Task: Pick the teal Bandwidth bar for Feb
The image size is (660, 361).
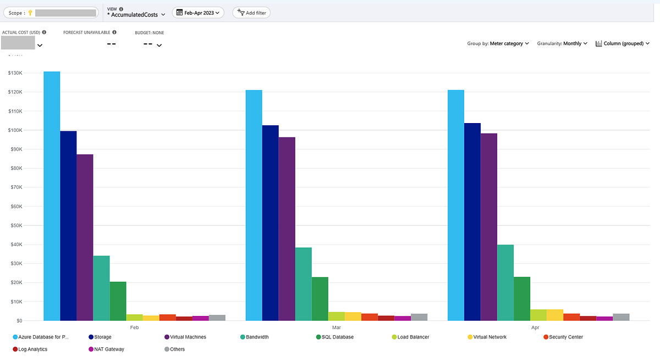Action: (x=101, y=288)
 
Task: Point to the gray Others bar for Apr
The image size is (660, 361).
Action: (x=621, y=317)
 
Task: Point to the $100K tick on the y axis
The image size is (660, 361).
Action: (x=14, y=130)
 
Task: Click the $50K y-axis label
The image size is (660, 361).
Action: (x=14, y=225)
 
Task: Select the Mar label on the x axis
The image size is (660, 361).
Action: (x=336, y=327)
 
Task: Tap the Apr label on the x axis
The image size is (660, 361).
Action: (x=535, y=327)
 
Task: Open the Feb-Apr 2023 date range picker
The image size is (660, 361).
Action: (x=198, y=13)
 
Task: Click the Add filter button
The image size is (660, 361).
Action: (x=251, y=13)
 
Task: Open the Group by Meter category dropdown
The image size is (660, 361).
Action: (x=498, y=43)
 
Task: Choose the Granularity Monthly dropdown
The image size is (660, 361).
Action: (x=562, y=43)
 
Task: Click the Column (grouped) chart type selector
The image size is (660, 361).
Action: (x=623, y=43)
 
